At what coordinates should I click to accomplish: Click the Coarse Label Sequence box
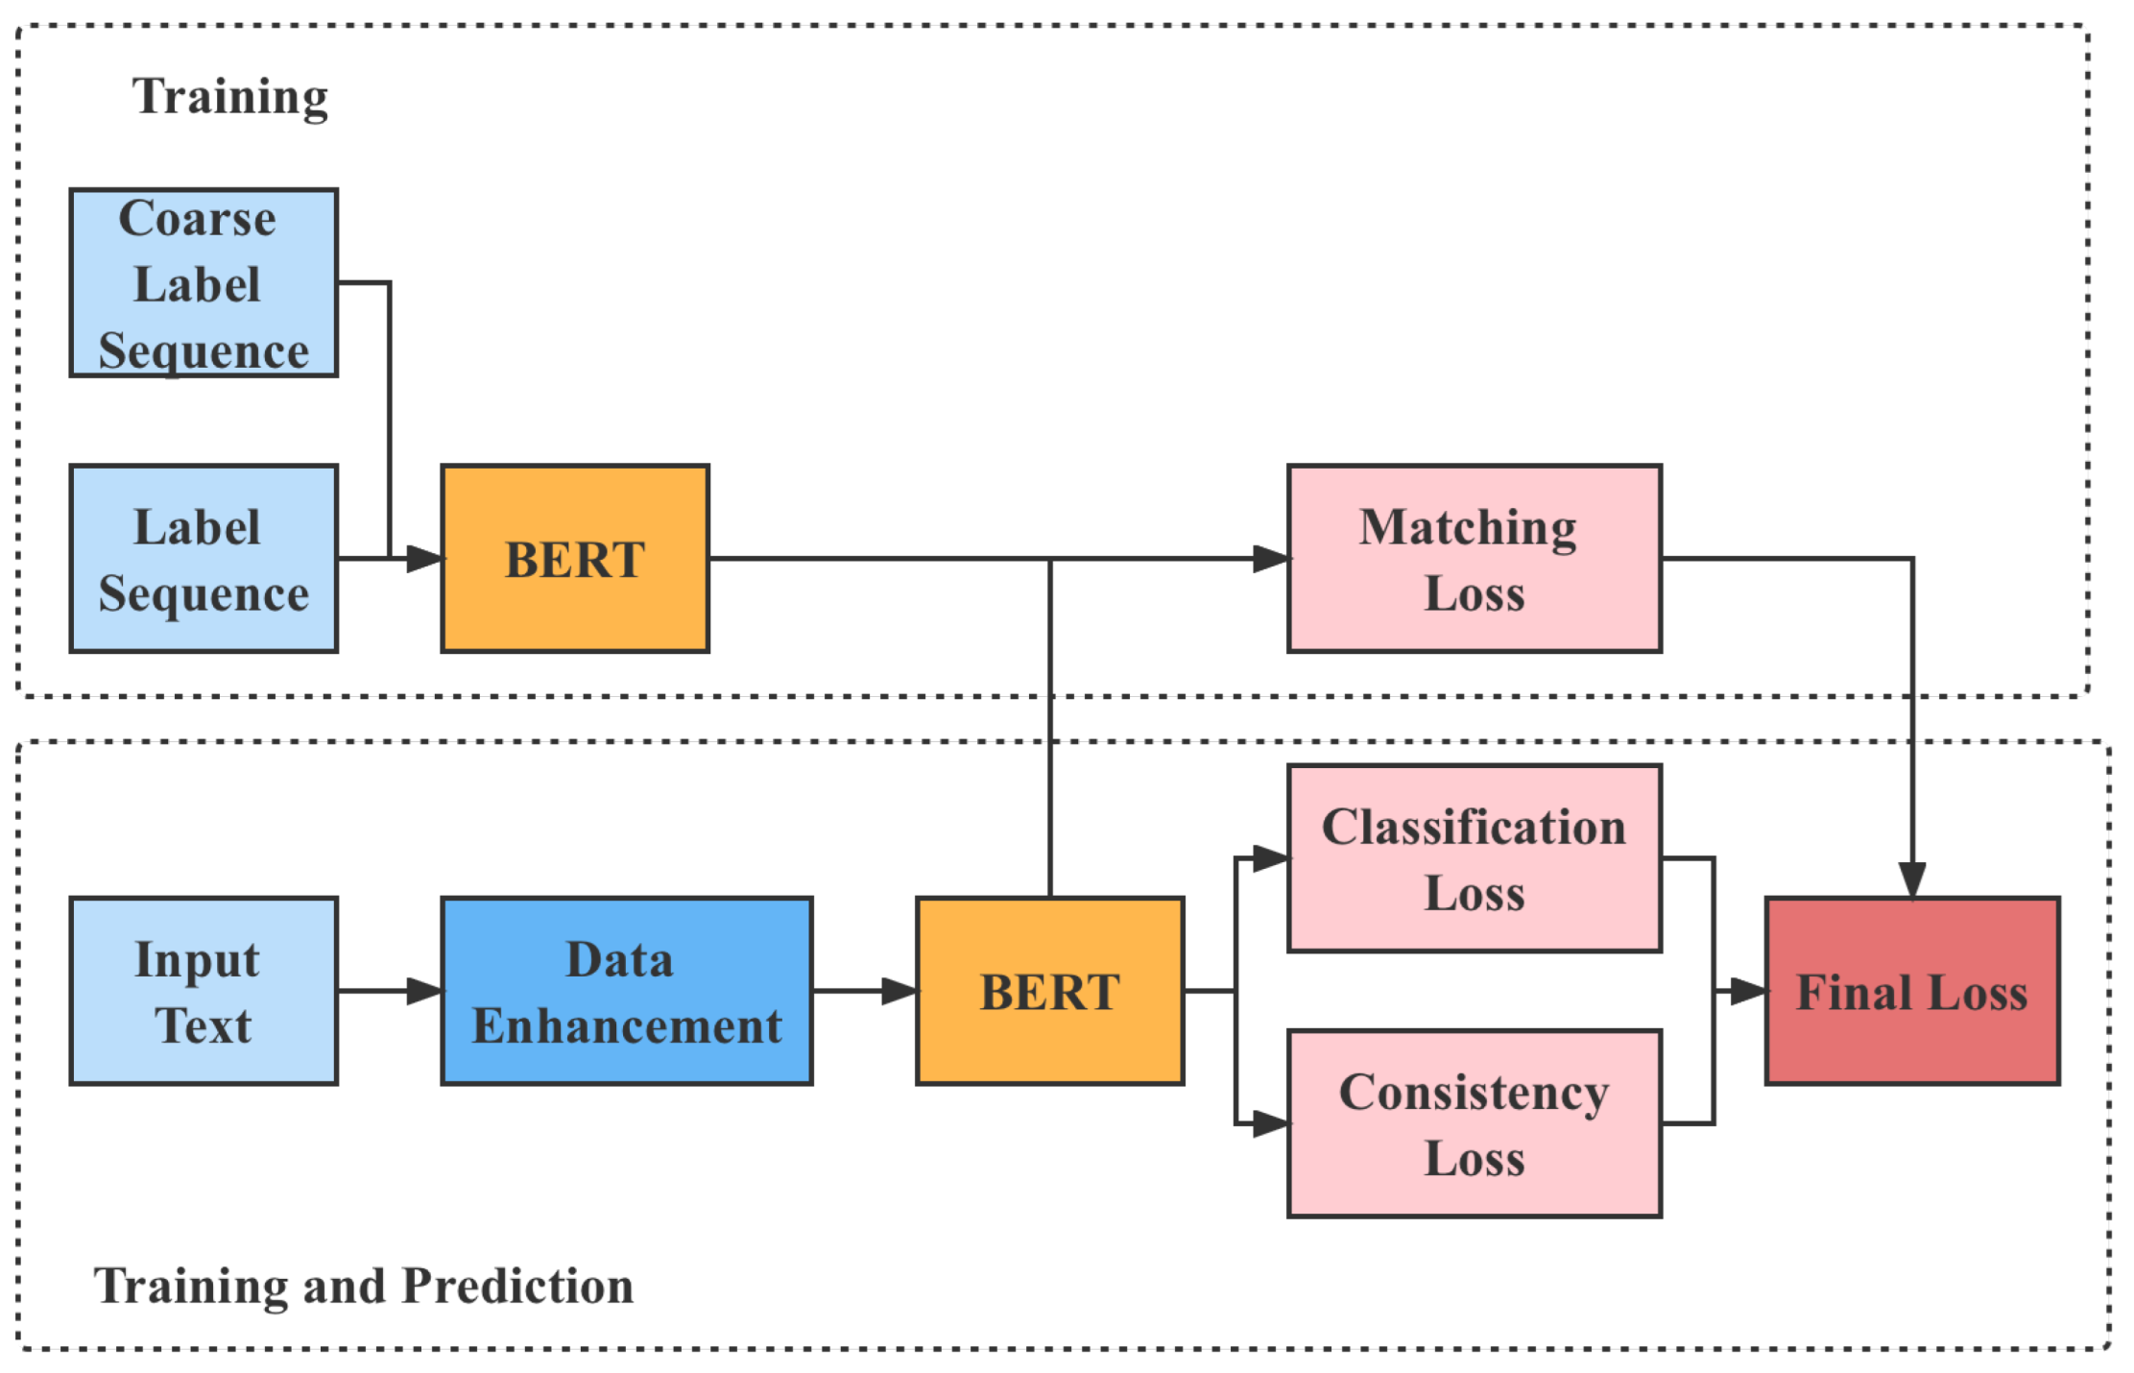click(x=204, y=282)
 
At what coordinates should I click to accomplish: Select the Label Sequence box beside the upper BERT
click(x=204, y=558)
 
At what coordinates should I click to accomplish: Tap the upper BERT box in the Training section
click(x=575, y=558)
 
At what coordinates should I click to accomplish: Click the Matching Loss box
click(x=1474, y=558)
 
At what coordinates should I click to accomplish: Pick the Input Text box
click(x=204, y=991)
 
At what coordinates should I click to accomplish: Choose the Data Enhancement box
click(x=627, y=991)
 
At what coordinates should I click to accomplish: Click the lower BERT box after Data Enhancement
click(x=1049, y=991)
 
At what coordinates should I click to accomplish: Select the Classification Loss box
click(x=1474, y=857)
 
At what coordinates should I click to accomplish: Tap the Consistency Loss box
click(x=1474, y=1122)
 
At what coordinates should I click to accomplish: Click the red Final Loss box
click(x=1911, y=991)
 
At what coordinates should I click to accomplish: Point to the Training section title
click(x=230, y=97)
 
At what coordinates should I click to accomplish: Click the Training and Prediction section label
click(x=363, y=1286)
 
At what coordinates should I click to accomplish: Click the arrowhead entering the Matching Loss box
click(x=1271, y=558)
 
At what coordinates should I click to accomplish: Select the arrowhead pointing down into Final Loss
click(x=1911, y=879)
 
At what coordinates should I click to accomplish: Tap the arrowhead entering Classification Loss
click(x=1271, y=857)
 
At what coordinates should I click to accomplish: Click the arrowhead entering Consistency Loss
click(x=1271, y=1122)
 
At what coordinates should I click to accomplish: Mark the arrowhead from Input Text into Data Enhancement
click(x=424, y=991)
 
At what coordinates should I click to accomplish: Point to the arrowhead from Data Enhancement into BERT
click(x=899, y=991)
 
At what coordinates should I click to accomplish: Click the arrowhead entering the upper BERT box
click(x=424, y=558)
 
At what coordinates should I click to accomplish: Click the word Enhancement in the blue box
click(x=627, y=1025)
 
